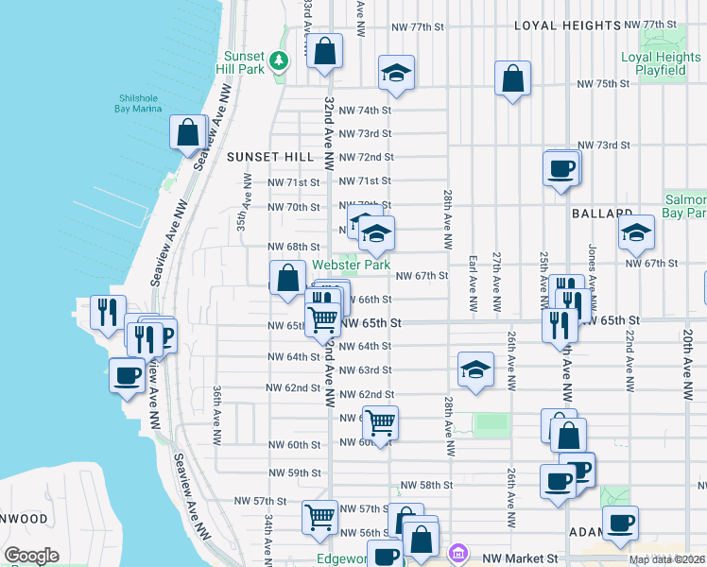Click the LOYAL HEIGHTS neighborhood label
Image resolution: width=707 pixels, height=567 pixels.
561,26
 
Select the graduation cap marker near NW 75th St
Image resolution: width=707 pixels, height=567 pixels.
396,73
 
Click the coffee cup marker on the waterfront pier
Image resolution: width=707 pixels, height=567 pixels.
128,376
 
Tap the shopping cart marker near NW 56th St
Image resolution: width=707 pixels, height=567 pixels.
320,517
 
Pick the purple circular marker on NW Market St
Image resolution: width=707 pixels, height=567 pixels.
458,551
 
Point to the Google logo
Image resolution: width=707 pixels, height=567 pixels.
31,556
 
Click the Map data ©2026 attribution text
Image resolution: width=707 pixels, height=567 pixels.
666,560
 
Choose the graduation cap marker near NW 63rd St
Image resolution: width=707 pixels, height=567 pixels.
475,369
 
